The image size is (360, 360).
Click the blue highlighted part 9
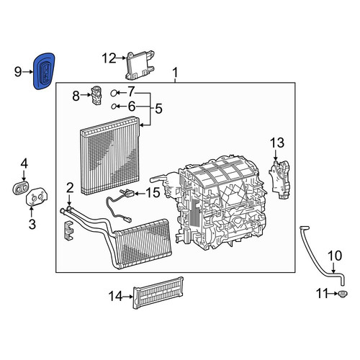tap(44, 71)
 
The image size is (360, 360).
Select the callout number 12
tap(109, 58)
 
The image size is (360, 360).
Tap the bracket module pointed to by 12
tap(140, 66)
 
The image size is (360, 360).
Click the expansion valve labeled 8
tap(96, 96)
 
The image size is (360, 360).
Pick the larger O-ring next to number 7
tap(114, 93)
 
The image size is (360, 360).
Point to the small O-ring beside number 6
tap(114, 107)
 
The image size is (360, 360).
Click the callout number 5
tap(159, 109)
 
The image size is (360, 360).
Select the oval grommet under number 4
tap(20, 188)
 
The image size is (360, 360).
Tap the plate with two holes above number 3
tap(37, 197)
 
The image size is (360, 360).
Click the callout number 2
tap(70, 188)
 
